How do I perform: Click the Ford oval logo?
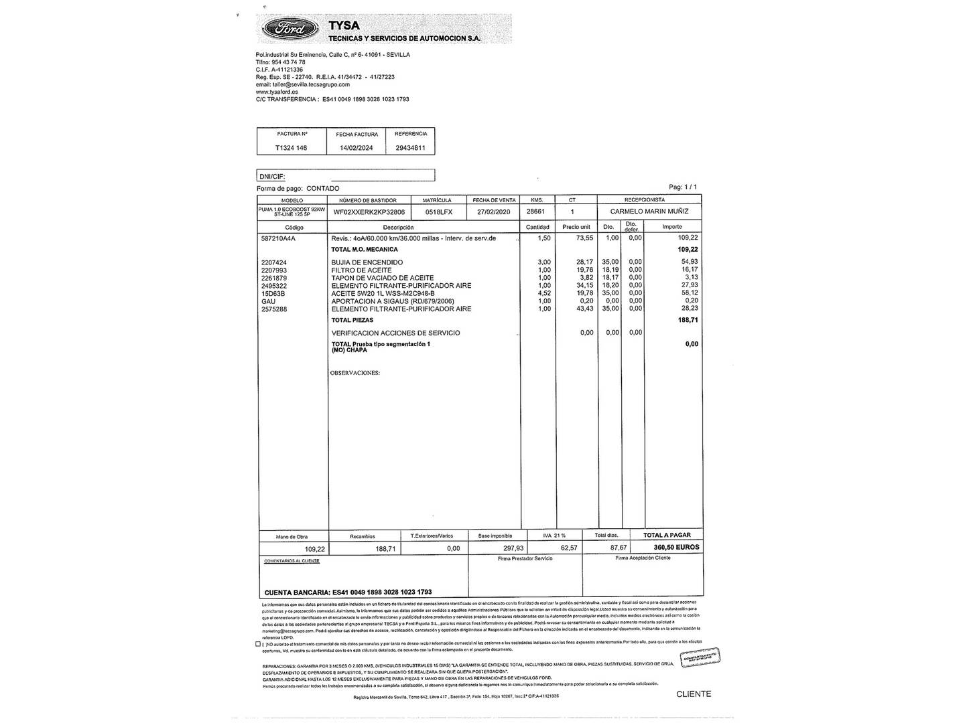(289, 29)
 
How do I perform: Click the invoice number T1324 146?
(292, 148)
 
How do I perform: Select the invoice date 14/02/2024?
(357, 148)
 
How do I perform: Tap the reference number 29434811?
(411, 148)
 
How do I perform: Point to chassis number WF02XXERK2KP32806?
(369, 212)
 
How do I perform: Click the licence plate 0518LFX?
(439, 212)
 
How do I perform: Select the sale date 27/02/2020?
(495, 212)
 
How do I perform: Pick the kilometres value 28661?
(535, 212)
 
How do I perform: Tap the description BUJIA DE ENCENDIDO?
(367, 262)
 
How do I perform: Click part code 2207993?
(274, 270)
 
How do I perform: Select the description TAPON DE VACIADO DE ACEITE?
(383, 278)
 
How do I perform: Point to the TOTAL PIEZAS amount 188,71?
(688, 321)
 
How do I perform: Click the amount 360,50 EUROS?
(676, 548)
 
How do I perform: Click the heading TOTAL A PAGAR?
(667, 536)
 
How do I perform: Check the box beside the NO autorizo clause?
(258, 644)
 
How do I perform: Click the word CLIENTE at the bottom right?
(694, 694)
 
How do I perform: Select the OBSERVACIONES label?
(355, 373)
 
